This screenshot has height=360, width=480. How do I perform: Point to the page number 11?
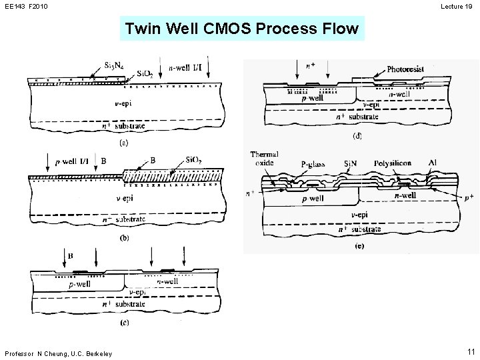click(471, 351)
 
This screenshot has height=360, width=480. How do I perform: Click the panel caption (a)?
click(124, 142)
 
